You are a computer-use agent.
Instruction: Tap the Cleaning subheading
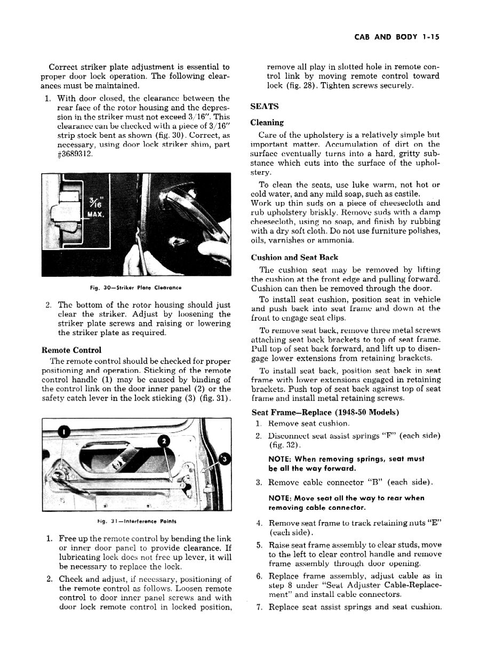(x=267, y=123)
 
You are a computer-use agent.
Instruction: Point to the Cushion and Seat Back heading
(x=294, y=258)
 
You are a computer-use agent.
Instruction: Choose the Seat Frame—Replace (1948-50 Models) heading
(x=325, y=413)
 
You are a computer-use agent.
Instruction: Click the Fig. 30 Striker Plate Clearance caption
(x=137, y=289)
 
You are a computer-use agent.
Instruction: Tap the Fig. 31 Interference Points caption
(x=137, y=520)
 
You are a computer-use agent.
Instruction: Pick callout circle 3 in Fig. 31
(x=225, y=459)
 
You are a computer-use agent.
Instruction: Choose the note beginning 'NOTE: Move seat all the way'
(x=347, y=503)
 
